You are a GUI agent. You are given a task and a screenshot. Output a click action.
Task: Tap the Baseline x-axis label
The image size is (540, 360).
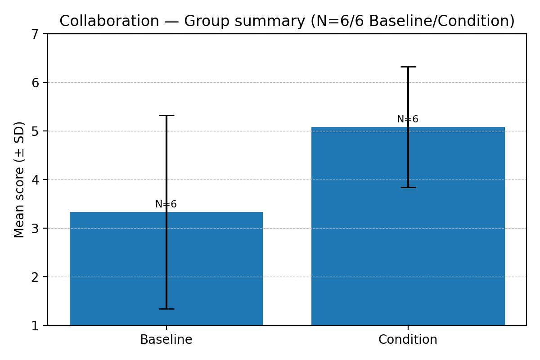coord(166,340)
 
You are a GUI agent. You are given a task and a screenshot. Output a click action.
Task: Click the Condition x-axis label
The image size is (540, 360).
coord(408,340)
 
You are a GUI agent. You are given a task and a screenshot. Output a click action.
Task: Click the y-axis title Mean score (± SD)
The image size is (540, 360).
coord(19,180)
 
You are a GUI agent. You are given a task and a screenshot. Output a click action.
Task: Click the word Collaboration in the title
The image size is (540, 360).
coord(109,21)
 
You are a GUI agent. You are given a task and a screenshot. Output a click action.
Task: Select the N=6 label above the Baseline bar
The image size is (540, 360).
coord(166,204)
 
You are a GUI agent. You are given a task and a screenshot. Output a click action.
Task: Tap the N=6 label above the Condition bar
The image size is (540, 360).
coord(408,119)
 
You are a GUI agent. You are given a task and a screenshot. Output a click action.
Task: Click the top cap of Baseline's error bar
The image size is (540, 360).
coord(166,116)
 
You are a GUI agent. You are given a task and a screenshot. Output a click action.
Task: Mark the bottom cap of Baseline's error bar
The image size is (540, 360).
coord(166,309)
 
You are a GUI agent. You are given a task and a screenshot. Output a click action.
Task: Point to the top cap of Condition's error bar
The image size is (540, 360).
coord(408,67)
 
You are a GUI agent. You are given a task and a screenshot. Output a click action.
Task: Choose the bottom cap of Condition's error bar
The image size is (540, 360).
coord(408,187)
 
